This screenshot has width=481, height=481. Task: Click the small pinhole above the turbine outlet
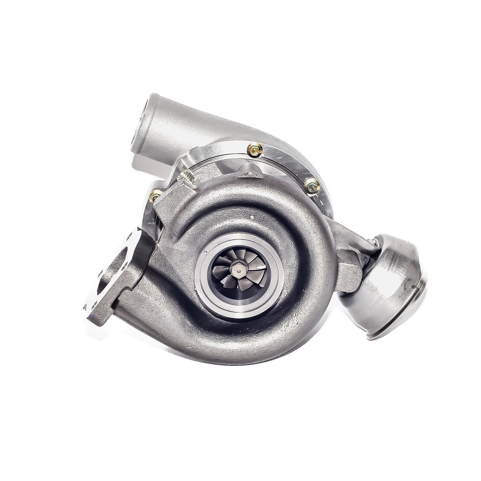point(252,217)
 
